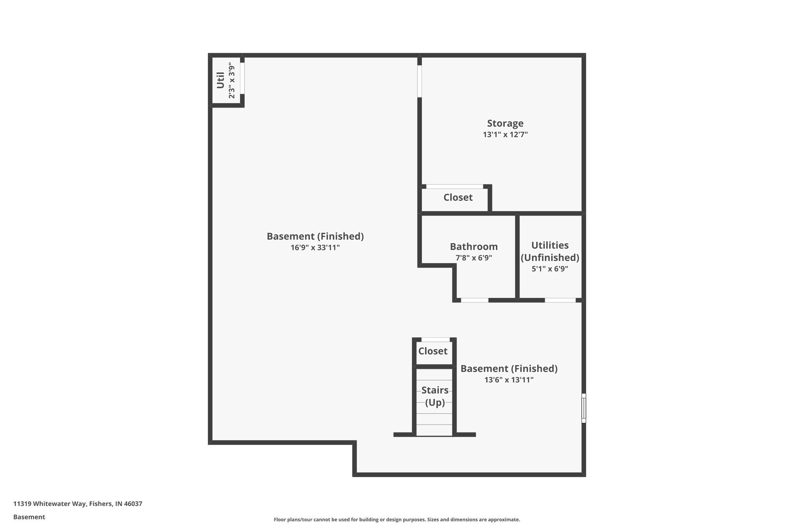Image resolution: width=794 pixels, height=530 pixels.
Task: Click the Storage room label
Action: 505,123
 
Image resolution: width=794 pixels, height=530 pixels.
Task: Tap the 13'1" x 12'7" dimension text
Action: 505,135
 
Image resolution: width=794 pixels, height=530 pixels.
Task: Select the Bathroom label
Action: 474,247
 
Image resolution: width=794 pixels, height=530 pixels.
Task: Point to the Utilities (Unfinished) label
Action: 550,251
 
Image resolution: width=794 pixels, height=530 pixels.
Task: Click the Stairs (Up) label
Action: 435,396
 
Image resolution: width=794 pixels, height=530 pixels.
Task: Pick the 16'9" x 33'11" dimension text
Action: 315,248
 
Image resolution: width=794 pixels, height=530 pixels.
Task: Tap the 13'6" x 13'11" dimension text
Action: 509,380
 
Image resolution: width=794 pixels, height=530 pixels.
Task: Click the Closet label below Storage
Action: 458,198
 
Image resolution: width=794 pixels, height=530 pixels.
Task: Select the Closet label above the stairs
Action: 433,351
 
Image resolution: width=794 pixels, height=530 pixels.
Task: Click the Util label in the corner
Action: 220,80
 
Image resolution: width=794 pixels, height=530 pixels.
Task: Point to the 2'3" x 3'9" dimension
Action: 231,80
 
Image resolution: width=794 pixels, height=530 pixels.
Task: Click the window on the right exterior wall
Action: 583,408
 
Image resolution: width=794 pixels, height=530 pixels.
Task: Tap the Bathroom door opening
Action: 474,300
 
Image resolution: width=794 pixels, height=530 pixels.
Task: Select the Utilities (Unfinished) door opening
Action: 560,300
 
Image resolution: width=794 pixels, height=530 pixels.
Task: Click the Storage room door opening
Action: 419,81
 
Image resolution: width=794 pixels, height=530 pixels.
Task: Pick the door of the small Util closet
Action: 242,78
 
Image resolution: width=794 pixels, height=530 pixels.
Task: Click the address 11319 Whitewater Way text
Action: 78,504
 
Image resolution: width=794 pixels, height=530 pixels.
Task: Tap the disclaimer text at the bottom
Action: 397,520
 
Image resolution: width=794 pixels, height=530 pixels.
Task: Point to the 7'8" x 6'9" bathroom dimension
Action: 474,258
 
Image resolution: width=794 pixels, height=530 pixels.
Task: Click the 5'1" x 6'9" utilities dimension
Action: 550,269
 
